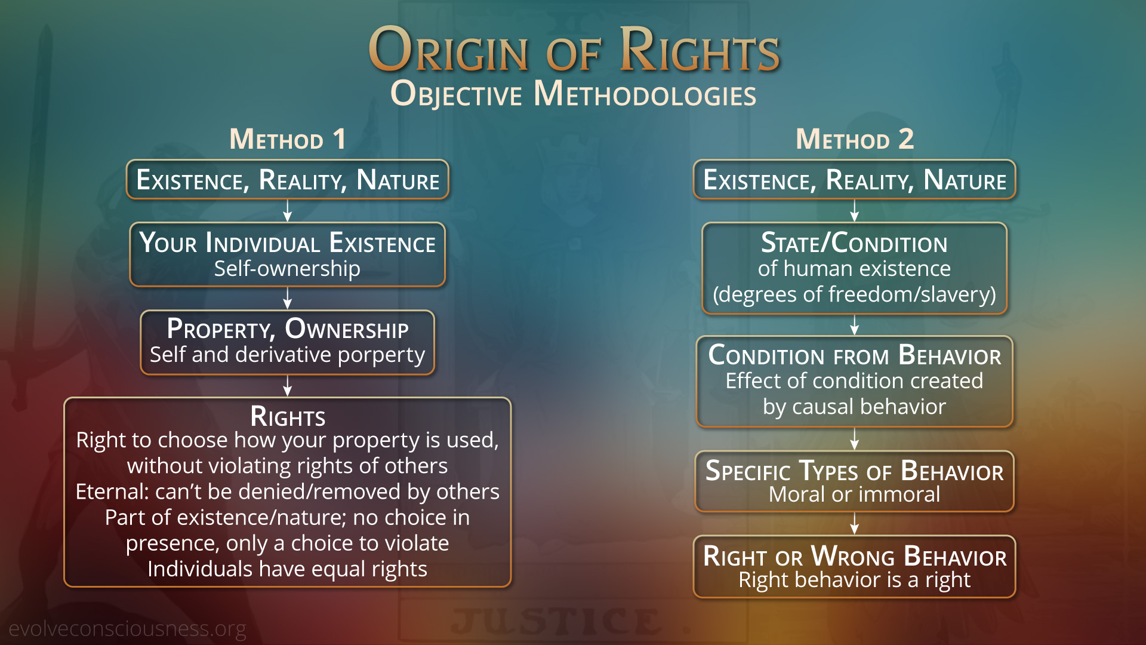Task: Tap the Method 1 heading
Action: (x=288, y=139)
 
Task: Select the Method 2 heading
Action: (x=855, y=139)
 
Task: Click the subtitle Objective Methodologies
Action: (x=573, y=94)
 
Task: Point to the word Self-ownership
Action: (x=287, y=269)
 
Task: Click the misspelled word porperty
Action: (x=381, y=355)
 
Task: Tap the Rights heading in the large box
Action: (x=288, y=416)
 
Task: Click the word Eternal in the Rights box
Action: (x=111, y=492)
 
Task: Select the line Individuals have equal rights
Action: (x=287, y=569)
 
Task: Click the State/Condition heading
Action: (x=854, y=243)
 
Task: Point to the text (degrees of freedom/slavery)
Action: (x=854, y=294)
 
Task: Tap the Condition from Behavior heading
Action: (x=855, y=355)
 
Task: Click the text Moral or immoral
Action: (x=854, y=494)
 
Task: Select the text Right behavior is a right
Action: (x=854, y=580)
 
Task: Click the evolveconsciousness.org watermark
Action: (x=127, y=629)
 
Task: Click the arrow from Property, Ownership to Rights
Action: (x=288, y=386)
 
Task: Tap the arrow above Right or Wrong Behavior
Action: (x=855, y=523)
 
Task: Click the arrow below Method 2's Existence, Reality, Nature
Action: (x=855, y=210)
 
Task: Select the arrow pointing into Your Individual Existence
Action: (x=288, y=210)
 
